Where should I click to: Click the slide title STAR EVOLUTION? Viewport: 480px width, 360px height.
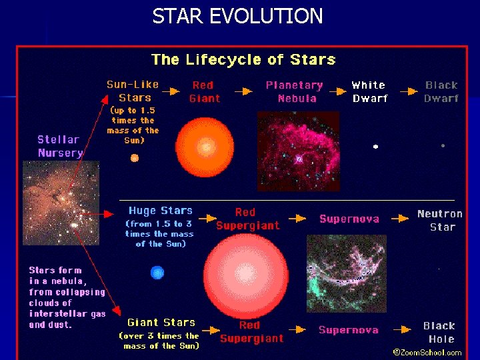point(237,15)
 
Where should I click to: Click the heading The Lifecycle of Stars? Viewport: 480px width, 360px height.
point(243,59)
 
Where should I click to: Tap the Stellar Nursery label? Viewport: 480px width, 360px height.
point(60,146)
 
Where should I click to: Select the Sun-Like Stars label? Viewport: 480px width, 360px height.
point(133,91)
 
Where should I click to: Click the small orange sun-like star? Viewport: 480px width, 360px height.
point(134,158)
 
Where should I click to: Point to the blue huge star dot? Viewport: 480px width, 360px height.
point(157,272)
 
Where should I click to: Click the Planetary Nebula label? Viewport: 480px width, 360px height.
point(295,91)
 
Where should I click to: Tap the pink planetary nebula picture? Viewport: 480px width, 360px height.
point(298,151)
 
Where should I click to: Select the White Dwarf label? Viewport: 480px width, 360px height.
point(369,91)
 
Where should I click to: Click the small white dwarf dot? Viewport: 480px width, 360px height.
point(375,146)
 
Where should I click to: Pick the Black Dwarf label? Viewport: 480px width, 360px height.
point(441,91)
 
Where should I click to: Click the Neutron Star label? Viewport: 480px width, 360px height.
point(440,220)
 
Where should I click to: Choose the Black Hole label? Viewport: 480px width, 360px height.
point(439,332)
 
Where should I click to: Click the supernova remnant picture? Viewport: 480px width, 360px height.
point(346,273)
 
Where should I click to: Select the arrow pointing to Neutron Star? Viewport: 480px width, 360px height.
point(400,218)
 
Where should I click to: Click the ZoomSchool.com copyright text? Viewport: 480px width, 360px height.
point(427,352)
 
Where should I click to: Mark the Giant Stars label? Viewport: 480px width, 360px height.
point(161,323)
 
